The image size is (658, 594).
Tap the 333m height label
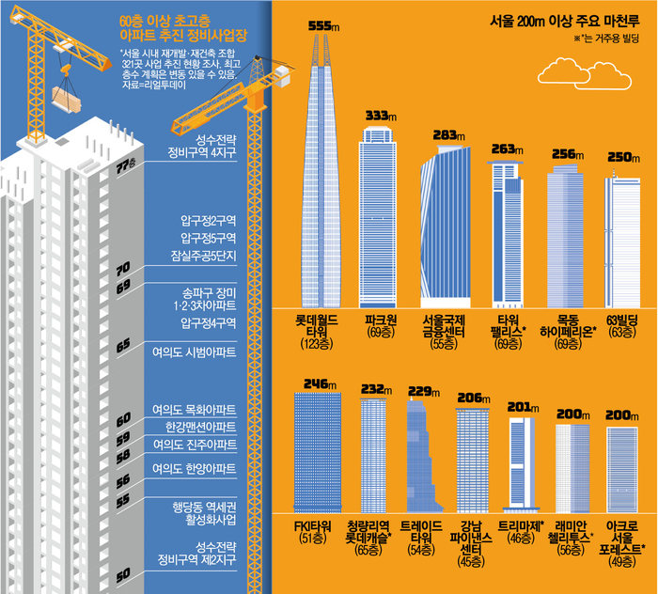click(379, 115)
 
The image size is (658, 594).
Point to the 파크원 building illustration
click(379, 216)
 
